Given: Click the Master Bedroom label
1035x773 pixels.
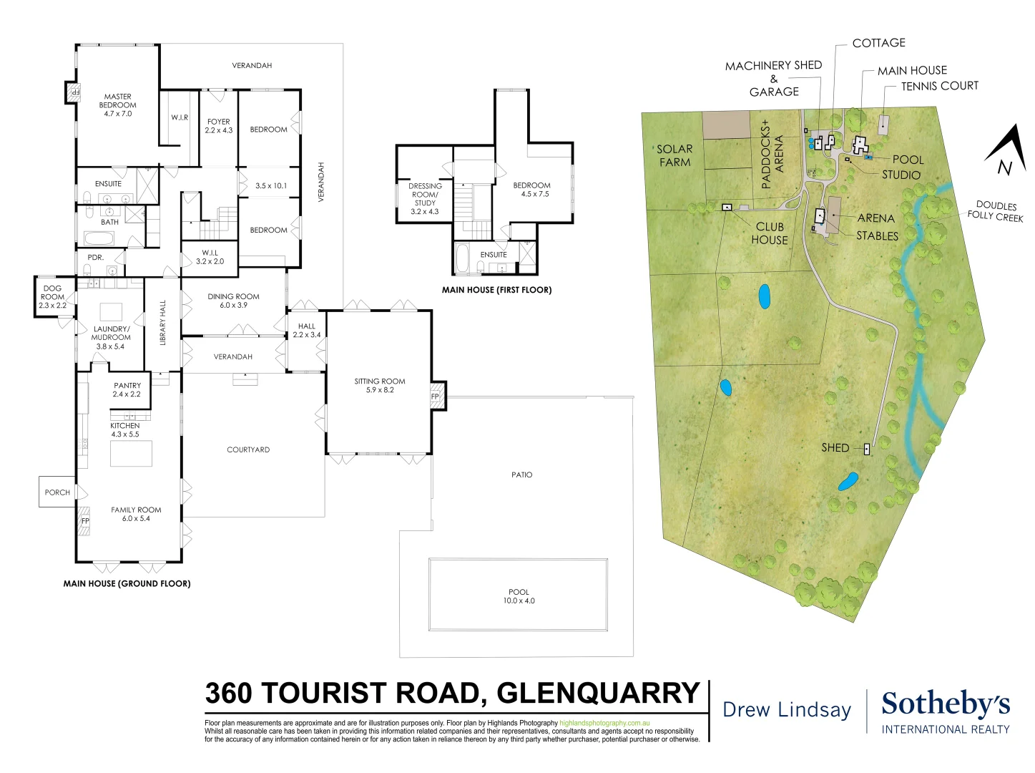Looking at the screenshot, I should point(117,104).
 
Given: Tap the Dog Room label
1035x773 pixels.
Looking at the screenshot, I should point(52,296).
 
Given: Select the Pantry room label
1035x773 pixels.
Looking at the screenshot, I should point(127,389).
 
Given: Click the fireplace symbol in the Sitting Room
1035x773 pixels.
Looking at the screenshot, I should point(436,397).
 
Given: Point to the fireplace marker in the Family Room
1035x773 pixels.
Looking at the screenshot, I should point(84,520).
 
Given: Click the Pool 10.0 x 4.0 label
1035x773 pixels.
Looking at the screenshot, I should point(519,596).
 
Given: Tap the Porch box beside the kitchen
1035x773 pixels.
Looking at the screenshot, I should point(57,492).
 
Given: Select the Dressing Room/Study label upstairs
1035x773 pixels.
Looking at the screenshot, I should point(425,198).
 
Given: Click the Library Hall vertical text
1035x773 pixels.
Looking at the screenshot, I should point(162,323).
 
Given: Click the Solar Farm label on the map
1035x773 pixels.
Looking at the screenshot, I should point(675,155).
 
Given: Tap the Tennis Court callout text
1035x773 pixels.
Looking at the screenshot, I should point(939,86).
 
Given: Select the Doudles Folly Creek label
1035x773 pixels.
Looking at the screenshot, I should point(996,211).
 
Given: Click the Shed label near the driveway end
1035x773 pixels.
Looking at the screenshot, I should point(835,447).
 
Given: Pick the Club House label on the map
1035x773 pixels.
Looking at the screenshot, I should point(770,233).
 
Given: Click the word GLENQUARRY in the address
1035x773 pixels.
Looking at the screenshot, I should point(598,693).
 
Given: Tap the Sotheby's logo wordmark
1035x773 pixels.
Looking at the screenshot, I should point(946,704).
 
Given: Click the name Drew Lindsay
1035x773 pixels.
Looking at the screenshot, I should point(787,709).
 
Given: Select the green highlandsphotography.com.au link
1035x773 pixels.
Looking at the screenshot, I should point(604,724).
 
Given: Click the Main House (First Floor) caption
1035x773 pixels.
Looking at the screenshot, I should point(496,290).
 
